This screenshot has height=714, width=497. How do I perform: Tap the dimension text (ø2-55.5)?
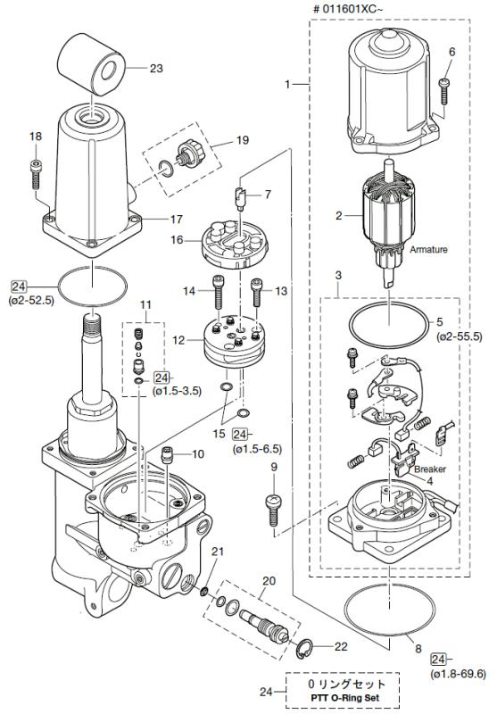pyautogui.click(x=460, y=336)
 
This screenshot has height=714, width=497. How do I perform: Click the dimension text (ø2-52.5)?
pyautogui.click(x=32, y=301)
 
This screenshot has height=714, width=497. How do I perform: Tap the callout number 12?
pyautogui.click(x=178, y=339)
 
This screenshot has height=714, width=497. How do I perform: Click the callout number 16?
pyautogui.click(x=178, y=239)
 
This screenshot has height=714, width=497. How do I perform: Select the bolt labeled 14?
pyautogui.click(x=218, y=295)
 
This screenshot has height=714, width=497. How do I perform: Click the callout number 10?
pyautogui.click(x=198, y=454)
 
